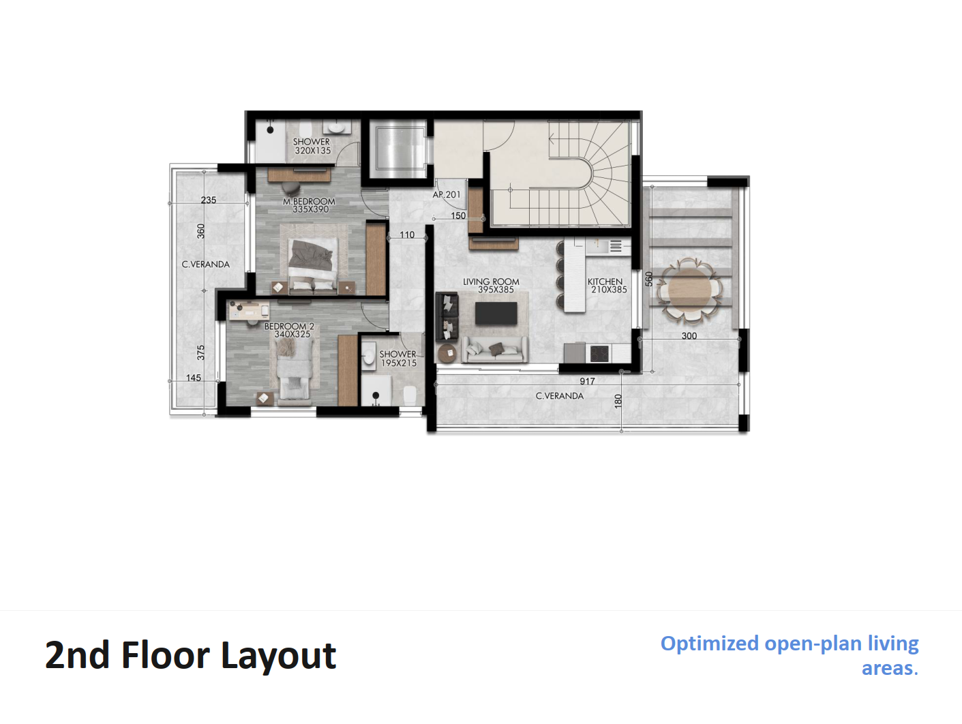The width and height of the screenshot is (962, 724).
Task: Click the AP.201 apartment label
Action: click(447, 194)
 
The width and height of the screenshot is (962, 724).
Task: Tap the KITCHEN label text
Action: click(605, 282)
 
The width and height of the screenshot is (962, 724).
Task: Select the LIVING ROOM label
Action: click(492, 282)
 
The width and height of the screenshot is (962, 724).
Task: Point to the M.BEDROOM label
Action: click(309, 202)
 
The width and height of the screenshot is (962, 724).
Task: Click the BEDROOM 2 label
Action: click(289, 327)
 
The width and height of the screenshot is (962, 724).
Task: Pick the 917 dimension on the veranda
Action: click(587, 381)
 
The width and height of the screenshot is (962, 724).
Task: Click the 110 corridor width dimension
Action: click(407, 235)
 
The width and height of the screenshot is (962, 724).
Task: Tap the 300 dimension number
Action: click(689, 336)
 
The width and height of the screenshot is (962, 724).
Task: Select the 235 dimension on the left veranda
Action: click(209, 200)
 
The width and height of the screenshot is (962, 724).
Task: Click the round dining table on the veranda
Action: click(689, 290)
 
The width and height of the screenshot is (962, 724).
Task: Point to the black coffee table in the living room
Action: click(496, 313)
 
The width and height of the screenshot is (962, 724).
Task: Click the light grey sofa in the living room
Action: click(495, 349)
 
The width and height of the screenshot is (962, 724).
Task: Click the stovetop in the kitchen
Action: click(599, 354)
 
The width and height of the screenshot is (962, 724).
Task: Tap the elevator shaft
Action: click(397, 149)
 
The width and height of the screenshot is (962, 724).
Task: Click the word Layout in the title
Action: click(278, 656)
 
